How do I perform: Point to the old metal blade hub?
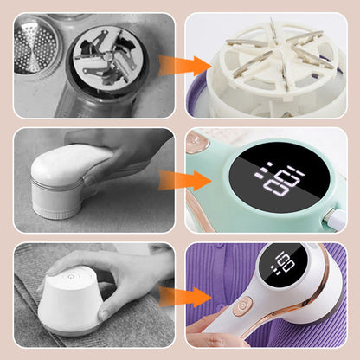point(106,57)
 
